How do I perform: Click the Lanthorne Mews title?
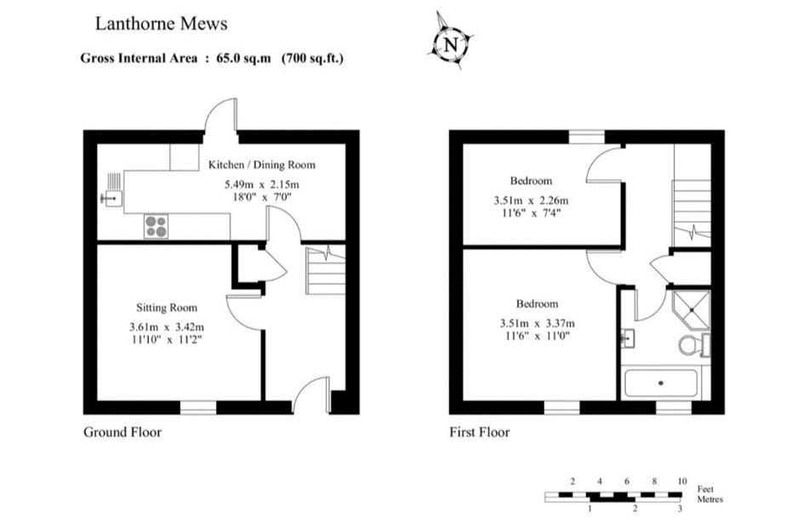[162, 24]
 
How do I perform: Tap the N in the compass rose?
[451, 44]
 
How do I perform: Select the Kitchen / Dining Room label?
[262, 165]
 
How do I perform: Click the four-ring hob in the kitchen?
[156, 226]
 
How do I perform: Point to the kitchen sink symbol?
[111, 198]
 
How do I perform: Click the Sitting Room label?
[167, 308]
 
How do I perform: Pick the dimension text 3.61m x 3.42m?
[167, 327]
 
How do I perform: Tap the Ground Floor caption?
[122, 432]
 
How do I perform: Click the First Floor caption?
[480, 432]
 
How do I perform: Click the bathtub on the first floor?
[661, 383]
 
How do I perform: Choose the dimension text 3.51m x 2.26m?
[532, 201]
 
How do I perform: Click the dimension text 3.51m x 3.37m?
[538, 324]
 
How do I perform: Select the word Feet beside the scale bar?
[705, 489]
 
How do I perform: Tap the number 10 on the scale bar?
[681, 481]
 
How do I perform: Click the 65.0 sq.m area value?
[243, 58]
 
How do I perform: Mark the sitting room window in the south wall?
[198, 408]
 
